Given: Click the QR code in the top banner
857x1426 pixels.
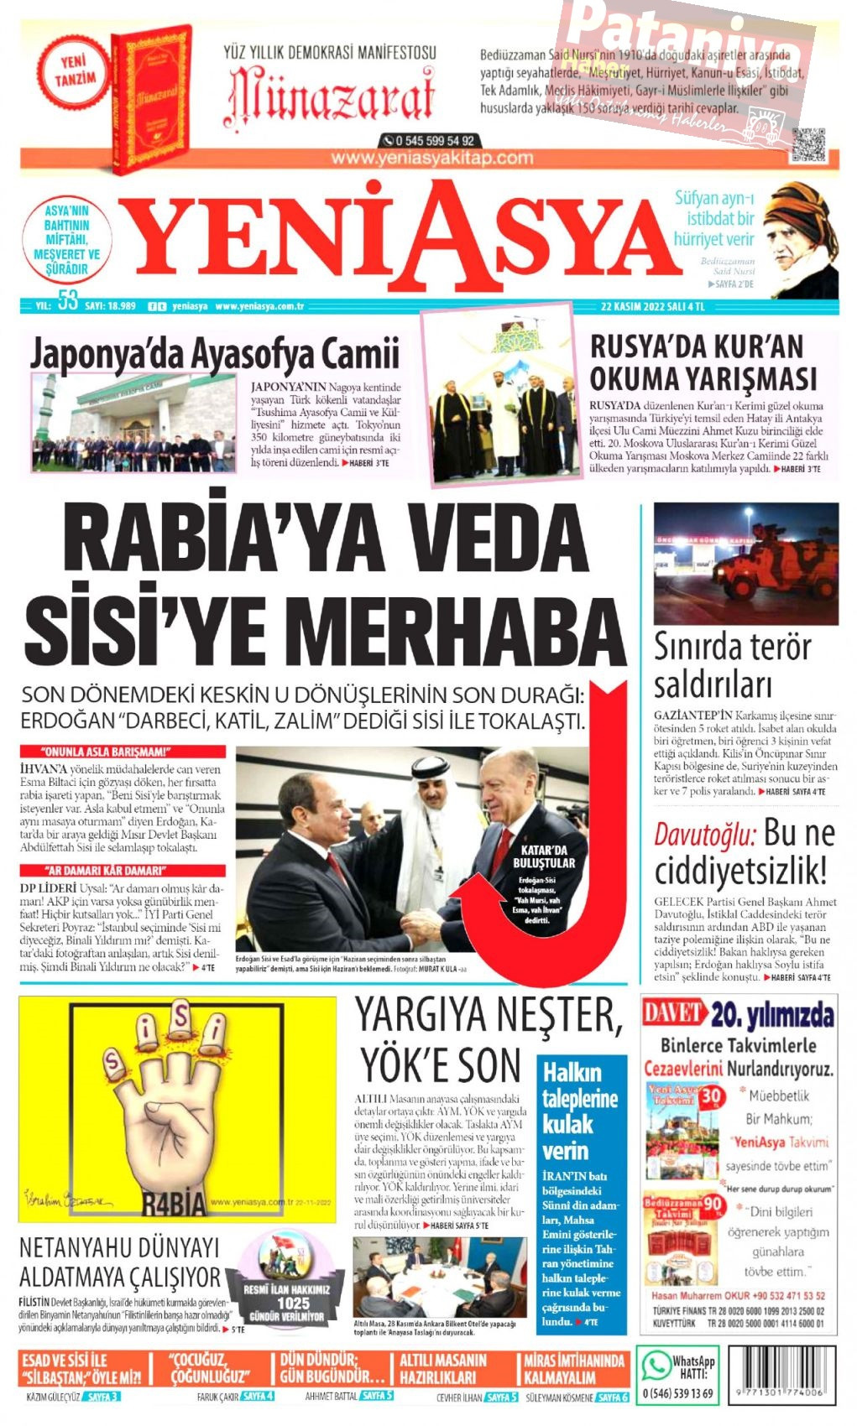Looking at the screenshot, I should [808, 143].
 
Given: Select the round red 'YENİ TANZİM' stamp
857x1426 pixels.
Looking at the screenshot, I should [75, 74].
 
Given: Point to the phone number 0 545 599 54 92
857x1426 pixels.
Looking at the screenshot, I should [429, 140].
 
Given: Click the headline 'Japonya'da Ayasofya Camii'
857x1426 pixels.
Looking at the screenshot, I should [215, 353].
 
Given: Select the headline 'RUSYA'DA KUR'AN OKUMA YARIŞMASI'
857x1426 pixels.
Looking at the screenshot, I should [703, 362].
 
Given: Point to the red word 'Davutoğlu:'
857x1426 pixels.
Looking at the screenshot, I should [704, 835].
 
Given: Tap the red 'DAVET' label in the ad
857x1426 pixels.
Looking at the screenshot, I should [673, 1012].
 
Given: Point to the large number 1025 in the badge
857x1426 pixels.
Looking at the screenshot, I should [293, 1304].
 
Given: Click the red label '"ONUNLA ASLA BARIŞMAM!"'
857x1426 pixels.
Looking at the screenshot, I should [123, 752].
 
